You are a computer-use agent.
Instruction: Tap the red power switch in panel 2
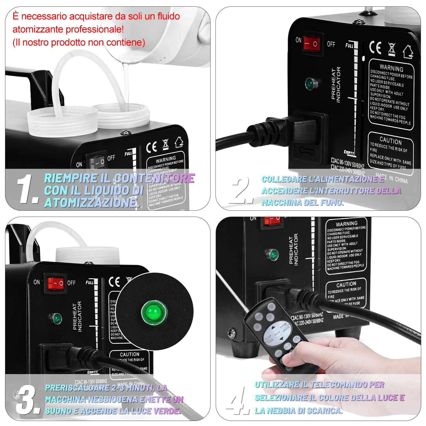[x=311, y=43]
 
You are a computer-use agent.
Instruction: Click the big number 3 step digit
[x=27, y=400]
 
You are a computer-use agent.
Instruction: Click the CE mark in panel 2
[x=375, y=48]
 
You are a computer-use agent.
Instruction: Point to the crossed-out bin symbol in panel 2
[x=392, y=49]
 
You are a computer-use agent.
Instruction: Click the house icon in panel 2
[x=408, y=51]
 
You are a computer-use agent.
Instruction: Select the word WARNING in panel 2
[x=391, y=68]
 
